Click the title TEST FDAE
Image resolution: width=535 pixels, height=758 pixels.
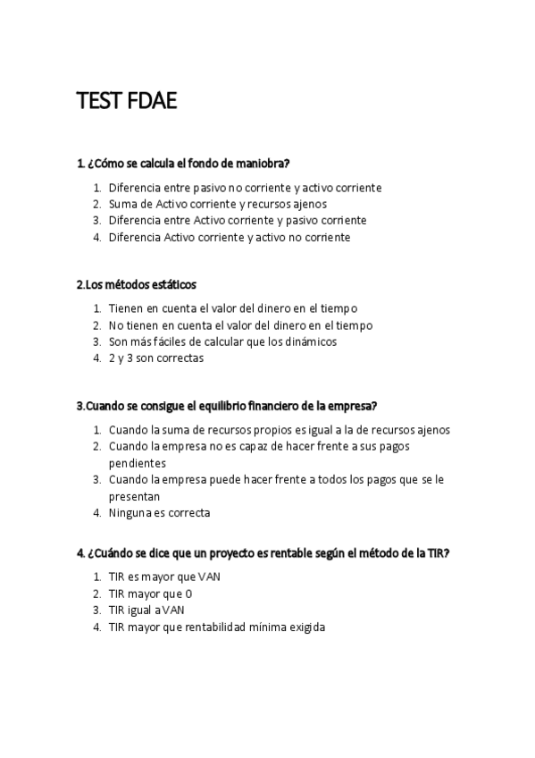pyautogui.click(x=127, y=102)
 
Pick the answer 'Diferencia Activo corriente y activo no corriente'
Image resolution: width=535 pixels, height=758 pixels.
pyautogui.click(x=230, y=237)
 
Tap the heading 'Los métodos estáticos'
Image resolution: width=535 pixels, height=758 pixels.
pyautogui.click(x=137, y=284)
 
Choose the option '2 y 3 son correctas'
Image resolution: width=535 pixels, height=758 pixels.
pyautogui.click(x=156, y=358)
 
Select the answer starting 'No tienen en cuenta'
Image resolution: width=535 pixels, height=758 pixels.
pyautogui.click(x=240, y=325)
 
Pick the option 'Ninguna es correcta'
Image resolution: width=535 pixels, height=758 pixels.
pyautogui.click(x=159, y=513)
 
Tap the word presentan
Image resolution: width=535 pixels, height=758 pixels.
pyautogui.click(x=134, y=496)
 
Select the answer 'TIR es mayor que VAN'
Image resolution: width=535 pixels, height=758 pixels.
pyautogui.click(x=164, y=577)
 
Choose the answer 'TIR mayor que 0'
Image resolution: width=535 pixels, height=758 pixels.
pyautogui.click(x=150, y=594)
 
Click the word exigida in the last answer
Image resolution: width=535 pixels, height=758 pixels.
pyautogui.click(x=303, y=627)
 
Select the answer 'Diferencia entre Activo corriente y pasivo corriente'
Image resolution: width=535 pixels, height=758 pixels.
pyautogui.click(x=238, y=220)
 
